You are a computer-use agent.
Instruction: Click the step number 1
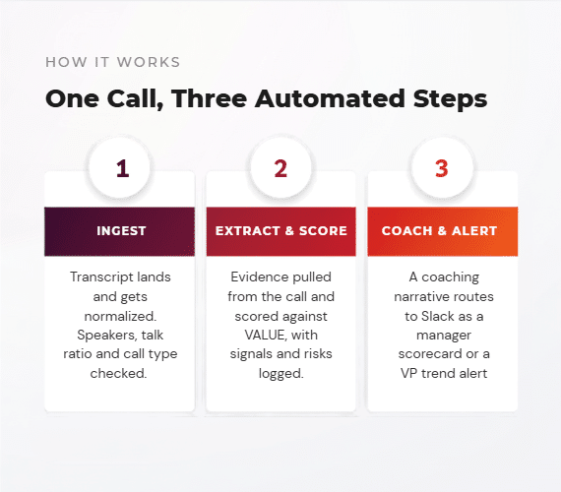(122, 168)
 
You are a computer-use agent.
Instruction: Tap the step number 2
(280, 168)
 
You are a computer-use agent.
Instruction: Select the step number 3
(442, 168)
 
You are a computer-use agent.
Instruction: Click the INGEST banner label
(121, 231)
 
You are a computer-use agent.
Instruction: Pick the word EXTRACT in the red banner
(248, 231)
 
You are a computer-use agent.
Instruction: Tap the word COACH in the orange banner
(406, 231)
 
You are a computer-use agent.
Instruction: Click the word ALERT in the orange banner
(474, 231)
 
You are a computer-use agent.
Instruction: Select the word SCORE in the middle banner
(323, 231)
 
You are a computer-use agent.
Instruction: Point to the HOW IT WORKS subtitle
(113, 62)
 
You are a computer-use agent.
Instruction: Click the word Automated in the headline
(330, 98)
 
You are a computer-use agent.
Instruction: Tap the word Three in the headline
(209, 98)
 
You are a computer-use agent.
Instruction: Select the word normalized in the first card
(120, 316)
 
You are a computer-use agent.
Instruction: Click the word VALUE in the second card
(266, 336)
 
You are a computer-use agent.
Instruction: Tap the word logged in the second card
(280, 374)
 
